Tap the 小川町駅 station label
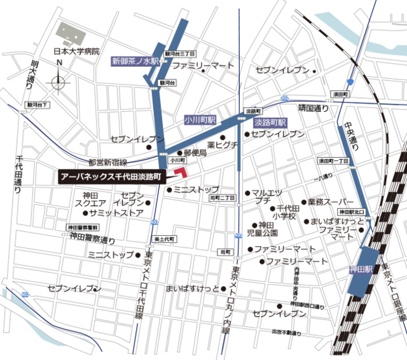click(200, 120)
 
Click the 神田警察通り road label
click(93, 240)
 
